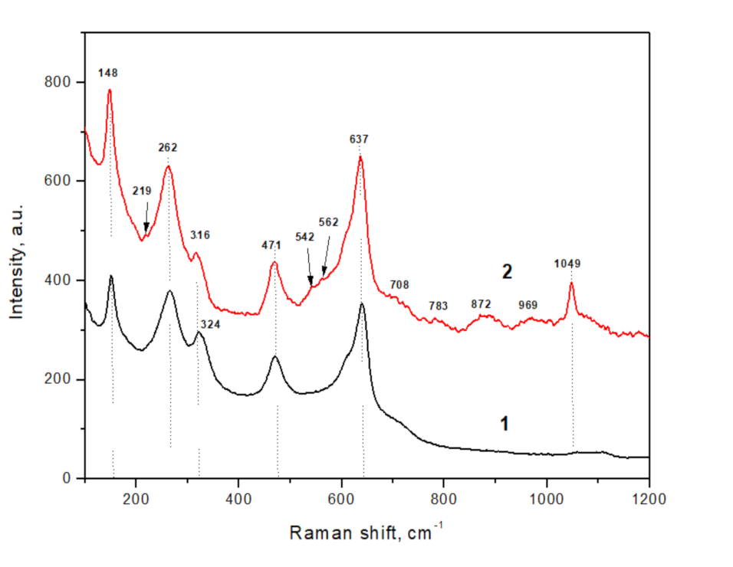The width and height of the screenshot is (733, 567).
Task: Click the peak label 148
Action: coord(108,73)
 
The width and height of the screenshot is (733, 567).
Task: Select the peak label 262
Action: coord(168,147)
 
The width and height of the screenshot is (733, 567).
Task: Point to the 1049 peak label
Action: coord(567,264)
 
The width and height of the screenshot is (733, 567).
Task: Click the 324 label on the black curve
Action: coord(209,325)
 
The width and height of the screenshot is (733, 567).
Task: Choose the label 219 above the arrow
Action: coord(142,191)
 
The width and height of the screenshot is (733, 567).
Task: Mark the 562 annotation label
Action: coord(328,222)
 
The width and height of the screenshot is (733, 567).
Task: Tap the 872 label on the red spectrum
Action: coord(481,304)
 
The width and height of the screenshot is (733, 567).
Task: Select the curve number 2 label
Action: coord(507,271)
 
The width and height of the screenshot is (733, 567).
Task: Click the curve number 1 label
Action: coord(505,423)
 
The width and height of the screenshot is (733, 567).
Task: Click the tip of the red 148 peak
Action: coord(110,90)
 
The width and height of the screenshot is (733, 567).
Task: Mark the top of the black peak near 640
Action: coord(362,303)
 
